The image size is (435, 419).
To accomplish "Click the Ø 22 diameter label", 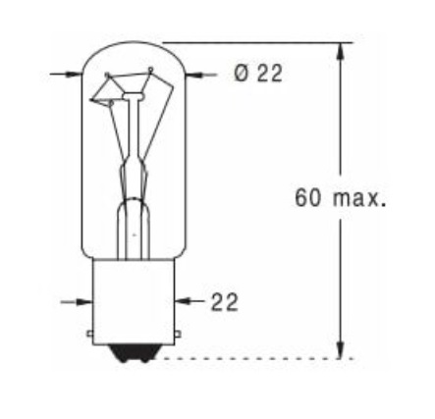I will (x=258, y=74).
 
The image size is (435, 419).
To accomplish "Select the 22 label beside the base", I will (x=225, y=301).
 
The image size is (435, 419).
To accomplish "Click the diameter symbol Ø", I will (x=242, y=74).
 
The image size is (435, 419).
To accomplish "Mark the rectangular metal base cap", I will (x=133, y=299).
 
